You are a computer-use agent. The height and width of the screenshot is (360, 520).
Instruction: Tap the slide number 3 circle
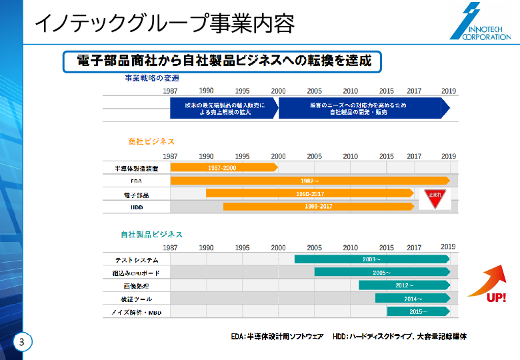(x=22, y=343)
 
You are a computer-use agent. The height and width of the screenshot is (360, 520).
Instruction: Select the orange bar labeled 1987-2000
(x=224, y=168)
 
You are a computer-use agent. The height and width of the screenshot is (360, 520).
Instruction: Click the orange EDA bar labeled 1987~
(x=310, y=181)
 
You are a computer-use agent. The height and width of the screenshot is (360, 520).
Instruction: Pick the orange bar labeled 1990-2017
(x=310, y=193)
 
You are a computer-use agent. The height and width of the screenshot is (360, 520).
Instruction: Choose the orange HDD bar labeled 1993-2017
(x=318, y=206)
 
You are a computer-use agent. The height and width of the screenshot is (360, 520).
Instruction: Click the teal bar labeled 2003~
(x=372, y=259)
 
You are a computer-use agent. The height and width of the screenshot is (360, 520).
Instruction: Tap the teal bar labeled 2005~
(x=382, y=272)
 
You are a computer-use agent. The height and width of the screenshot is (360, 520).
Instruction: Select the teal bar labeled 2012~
(x=404, y=285)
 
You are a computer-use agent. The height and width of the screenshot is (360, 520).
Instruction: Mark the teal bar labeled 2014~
(x=412, y=298)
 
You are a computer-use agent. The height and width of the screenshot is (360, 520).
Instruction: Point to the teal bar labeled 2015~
(x=418, y=311)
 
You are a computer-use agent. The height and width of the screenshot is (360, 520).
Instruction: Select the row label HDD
(x=136, y=207)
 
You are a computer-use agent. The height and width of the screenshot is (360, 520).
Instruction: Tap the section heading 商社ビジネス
(x=151, y=141)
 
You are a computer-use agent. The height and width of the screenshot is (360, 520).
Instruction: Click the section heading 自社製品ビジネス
(x=151, y=234)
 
